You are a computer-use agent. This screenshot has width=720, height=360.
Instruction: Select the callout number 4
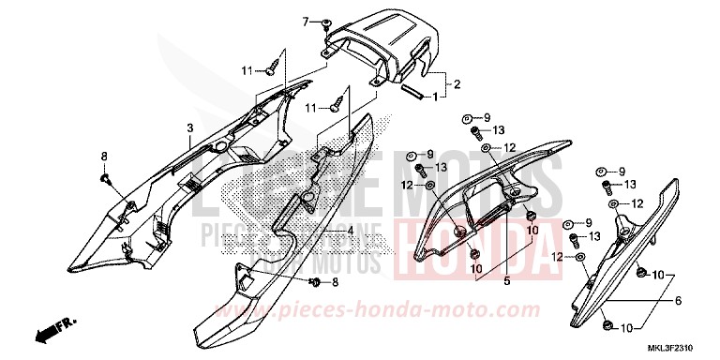pyautogui.click(x=350, y=231)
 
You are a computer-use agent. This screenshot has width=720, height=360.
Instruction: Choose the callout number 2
pyautogui.click(x=457, y=84)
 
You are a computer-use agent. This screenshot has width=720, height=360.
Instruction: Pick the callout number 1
pyautogui.click(x=435, y=96)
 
